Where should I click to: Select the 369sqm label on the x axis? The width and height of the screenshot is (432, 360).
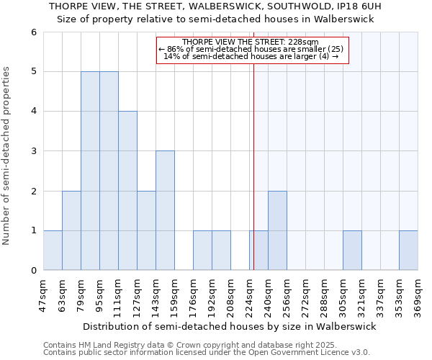[418, 295]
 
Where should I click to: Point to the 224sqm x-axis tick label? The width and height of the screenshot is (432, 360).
[250, 295]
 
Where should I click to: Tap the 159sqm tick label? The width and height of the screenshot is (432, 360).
[175, 295]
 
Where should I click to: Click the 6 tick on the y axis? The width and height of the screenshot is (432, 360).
[33, 32]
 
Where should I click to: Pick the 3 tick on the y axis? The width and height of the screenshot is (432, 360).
[33, 151]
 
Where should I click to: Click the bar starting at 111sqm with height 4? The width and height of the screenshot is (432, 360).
[127, 191]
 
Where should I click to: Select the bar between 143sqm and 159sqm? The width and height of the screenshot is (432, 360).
[165, 210]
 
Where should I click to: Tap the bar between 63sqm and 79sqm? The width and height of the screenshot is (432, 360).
[71, 230]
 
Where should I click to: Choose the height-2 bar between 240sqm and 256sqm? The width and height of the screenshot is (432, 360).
[277, 230]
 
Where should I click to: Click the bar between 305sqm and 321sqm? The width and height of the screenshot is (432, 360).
[352, 251]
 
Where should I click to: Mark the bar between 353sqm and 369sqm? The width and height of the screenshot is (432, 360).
[408, 251]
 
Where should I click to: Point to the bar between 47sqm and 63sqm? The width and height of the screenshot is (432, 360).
[53, 251]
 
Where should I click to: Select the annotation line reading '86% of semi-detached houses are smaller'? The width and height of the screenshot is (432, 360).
[251, 49]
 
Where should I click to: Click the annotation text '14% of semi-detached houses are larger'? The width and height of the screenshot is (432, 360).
[251, 56]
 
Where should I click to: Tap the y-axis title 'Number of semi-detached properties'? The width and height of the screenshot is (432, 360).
[7, 156]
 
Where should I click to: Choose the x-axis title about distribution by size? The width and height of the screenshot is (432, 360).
[230, 326]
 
